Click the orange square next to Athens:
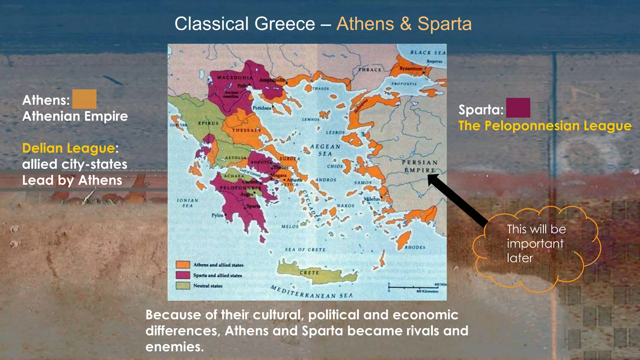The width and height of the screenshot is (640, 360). [84, 99]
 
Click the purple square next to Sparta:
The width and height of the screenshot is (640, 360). [518, 108]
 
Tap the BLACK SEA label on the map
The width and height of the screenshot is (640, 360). [428, 53]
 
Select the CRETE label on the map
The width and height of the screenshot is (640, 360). [309, 273]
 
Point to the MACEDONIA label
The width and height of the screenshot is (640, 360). [235, 77]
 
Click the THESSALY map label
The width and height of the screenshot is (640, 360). [246, 130]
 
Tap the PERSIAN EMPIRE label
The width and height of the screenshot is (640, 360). [420, 166]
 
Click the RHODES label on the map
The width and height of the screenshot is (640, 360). [415, 247]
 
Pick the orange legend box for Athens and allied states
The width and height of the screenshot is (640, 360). [183, 265]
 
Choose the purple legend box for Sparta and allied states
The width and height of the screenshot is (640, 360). [183, 275]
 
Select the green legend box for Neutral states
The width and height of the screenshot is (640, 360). [183, 286]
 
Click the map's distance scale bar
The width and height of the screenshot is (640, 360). [413, 287]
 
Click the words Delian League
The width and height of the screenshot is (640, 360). [68, 148]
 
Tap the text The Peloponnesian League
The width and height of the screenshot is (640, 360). [545, 126]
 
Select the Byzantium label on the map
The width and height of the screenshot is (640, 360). [411, 68]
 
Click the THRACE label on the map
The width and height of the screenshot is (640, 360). [370, 70]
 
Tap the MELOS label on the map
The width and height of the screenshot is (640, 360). [290, 226]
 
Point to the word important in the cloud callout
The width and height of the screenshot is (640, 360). [535, 243]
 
